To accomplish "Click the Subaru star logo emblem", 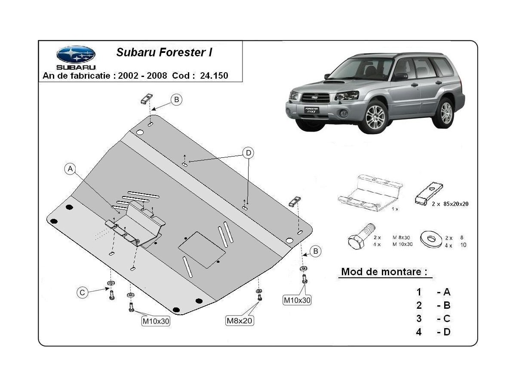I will pos(76,54).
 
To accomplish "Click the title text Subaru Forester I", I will pos(164,53).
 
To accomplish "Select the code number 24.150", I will pos(214,76).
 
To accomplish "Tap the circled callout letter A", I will pos(70,169).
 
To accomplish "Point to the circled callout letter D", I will pos(248,153).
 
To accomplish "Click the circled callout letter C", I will pos(82,293).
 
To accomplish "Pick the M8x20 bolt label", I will pos(239,320).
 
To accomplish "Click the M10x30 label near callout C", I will pos(156,320).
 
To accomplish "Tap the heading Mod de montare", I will pos(384,272).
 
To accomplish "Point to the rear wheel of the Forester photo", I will pos(446,112).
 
